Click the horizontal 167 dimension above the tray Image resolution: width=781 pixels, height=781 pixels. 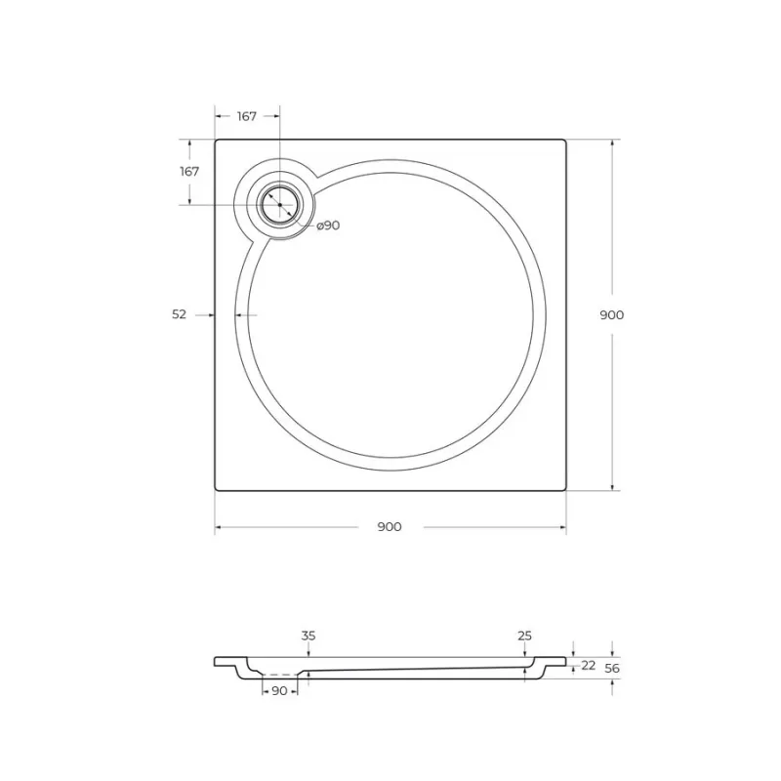coord(247,116)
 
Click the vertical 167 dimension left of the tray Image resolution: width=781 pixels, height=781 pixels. coord(189,172)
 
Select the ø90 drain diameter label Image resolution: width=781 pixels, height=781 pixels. coord(328,226)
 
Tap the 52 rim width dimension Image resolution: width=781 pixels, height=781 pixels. coord(179,314)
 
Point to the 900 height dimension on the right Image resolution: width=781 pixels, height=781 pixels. coord(612,314)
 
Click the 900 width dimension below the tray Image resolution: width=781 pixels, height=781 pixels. coord(390,526)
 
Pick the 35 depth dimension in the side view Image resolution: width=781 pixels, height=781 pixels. coord(308,636)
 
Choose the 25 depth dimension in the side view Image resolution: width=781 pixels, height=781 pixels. coord(524,636)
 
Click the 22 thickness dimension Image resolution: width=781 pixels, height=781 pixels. coord(589,665)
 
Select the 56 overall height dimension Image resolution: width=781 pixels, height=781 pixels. coord(612,668)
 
